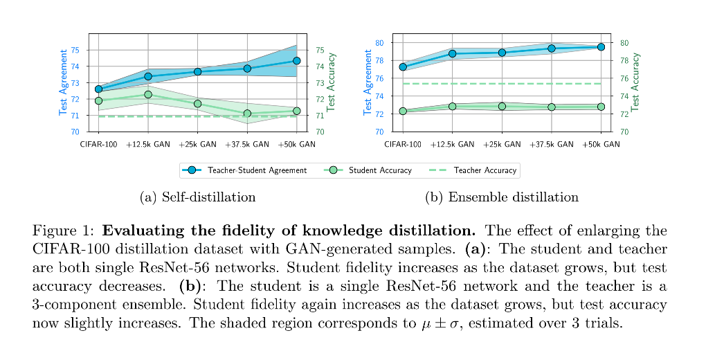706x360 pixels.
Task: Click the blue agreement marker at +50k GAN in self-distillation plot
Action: click(297, 61)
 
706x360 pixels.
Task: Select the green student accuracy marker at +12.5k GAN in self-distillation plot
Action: click(148, 95)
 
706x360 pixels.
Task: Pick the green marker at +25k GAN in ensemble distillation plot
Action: click(502, 106)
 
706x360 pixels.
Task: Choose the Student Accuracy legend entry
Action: click(371, 170)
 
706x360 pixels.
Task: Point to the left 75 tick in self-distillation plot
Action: click(75, 50)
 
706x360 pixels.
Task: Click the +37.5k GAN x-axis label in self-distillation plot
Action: click(247, 145)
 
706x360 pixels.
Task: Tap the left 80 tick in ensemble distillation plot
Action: click(379, 43)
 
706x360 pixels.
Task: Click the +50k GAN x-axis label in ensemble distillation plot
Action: click(601, 145)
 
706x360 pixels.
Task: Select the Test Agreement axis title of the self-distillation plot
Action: click(63, 82)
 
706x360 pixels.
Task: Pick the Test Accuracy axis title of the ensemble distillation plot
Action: click(635, 82)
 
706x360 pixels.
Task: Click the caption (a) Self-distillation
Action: click(197, 197)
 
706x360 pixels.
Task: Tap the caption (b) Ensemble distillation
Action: click(502, 197)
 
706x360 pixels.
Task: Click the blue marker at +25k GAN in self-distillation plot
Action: click(198, 72)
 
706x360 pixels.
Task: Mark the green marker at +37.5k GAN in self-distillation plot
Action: click(247, 114)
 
